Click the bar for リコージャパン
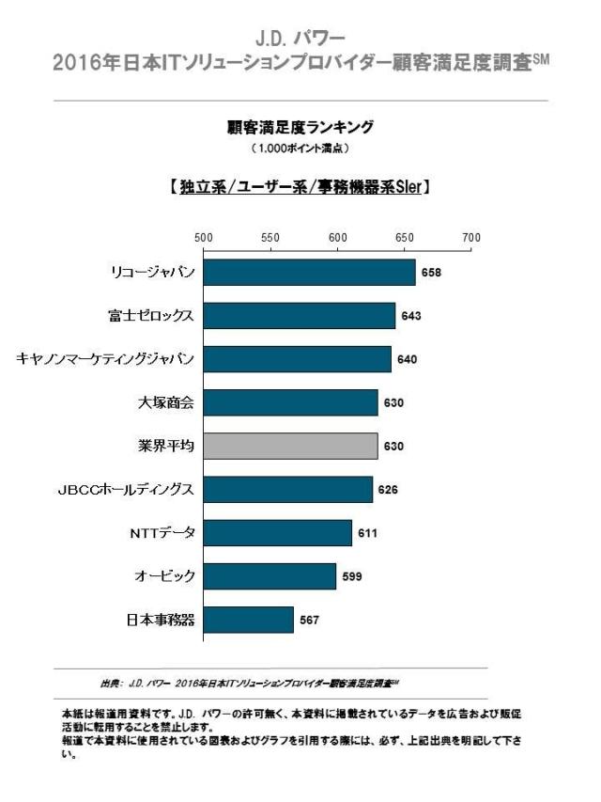point(309,273)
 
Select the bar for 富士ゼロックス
point(300,316)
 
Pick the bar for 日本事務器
point(249,620)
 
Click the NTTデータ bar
point(278,533)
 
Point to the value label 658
point(431,273)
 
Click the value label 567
point(309,620)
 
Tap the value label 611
point(367,533)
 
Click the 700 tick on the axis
point(471,238)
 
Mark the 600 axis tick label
point(337,238)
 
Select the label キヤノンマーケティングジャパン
point(106,359)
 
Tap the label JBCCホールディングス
point(126,490)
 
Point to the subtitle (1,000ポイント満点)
point(300,149)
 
